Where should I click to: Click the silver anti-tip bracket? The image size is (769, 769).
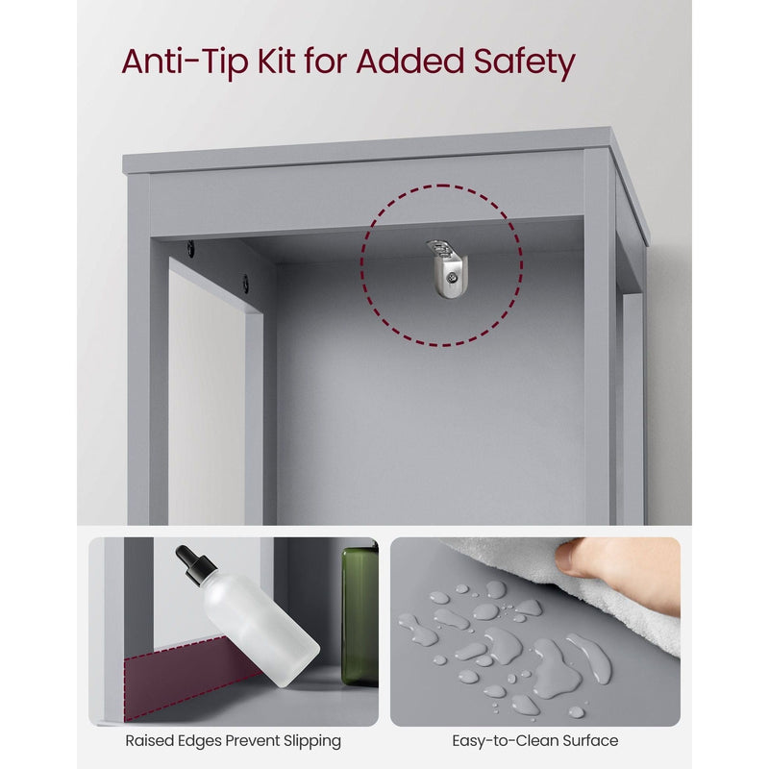pos(446,268)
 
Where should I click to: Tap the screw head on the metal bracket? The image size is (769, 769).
pos(451,279)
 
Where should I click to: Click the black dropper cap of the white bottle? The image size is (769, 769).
pos(195,565)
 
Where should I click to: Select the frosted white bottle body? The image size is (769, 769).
pos(260,628)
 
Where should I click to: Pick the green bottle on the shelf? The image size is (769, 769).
pos(360,616)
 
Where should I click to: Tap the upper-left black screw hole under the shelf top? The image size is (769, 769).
pos(190,249)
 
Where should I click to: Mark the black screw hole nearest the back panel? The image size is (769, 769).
pos(245,284)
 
